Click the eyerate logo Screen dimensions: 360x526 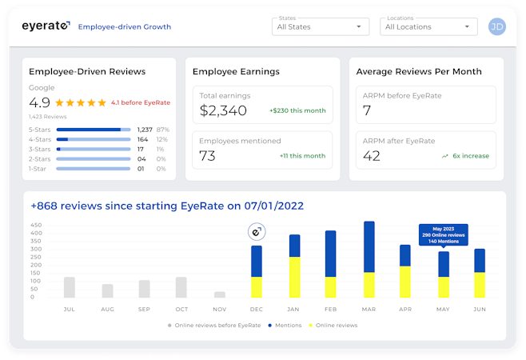(x=46, y=26)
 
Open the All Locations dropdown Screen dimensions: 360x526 (x=428, y=26)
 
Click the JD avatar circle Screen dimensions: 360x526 (x=496, y=26)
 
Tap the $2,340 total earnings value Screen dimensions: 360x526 (x=223, y=110)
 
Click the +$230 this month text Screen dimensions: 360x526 (x=297, y=110)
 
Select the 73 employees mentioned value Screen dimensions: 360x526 (x=208, y=155)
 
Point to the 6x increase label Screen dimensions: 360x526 (x=471, y=156)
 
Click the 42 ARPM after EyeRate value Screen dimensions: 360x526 (x=372, y=155)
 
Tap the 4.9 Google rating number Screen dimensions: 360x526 (x=40, y=102)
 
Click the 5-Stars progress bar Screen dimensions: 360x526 (x=94, y=129)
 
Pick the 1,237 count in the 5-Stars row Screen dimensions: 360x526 (x=145, y=129)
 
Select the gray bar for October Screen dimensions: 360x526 (x=181, y=287)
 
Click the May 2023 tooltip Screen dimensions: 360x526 (x=444, y=234)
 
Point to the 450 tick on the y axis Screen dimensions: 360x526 (x=36, y=226)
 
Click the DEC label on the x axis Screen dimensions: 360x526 (x=256, y=308)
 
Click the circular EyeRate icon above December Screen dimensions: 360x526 (x=257, y=232)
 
